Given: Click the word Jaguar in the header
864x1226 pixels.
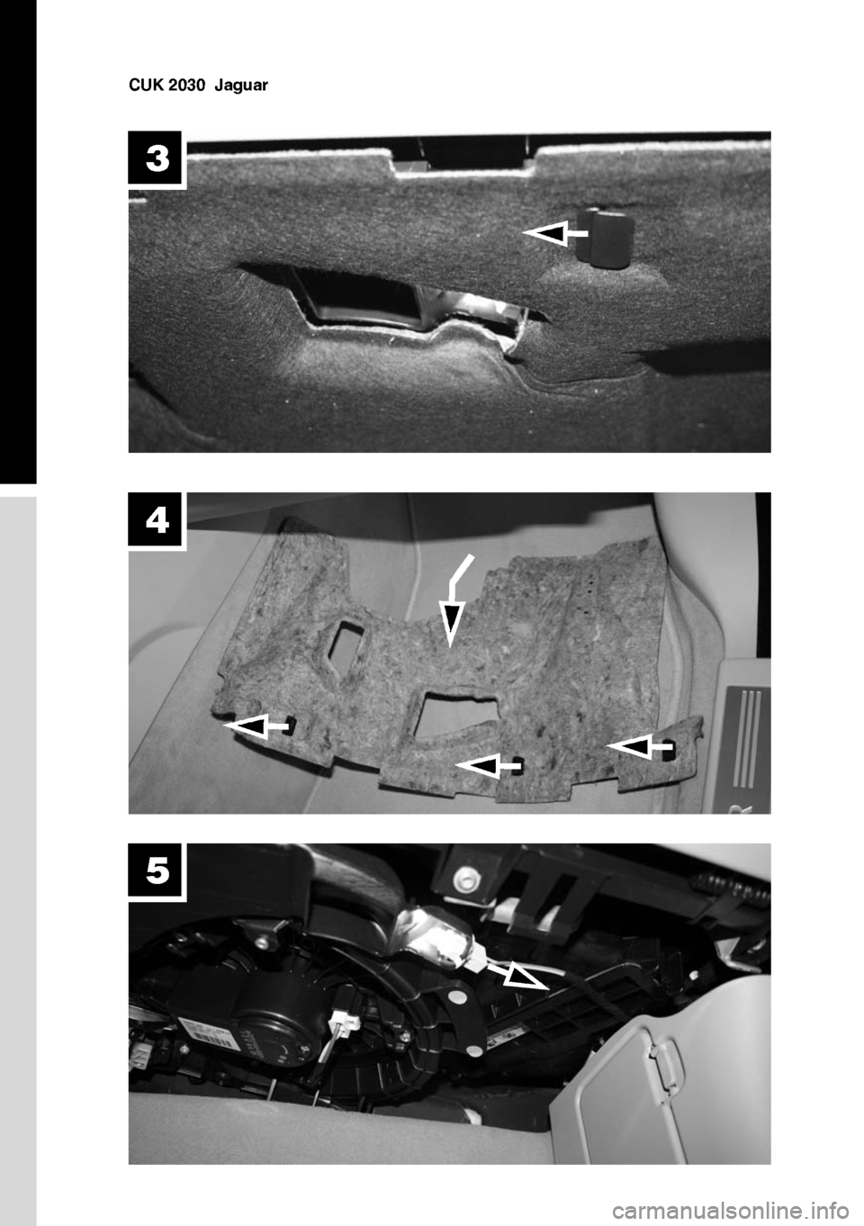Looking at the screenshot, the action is [x=241, y=86].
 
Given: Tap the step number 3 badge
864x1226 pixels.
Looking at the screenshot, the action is [x=157, y=159].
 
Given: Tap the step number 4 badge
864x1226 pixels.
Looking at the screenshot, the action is [x=157, y=520].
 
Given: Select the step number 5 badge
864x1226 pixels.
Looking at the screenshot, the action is [x=157, y=870].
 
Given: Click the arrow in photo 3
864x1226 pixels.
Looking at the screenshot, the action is [x=554, y=233].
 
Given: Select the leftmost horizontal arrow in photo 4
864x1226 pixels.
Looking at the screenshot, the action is [x=256, y=726].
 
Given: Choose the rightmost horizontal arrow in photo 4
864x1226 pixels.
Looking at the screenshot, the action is [x=640, y=746].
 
